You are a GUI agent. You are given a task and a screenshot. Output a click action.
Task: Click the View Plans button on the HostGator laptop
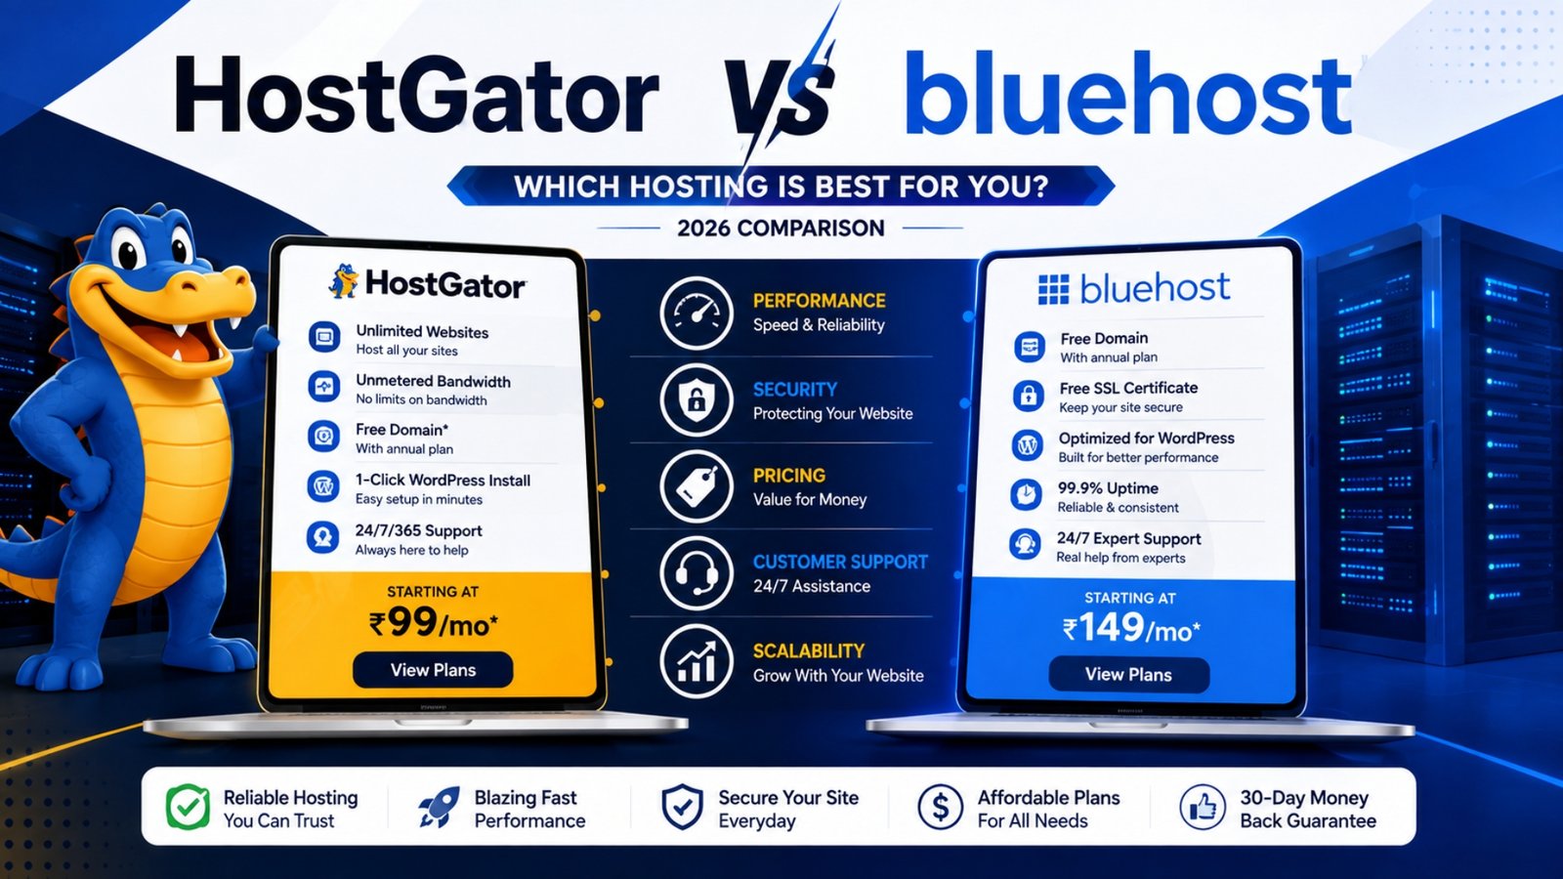[434, 670]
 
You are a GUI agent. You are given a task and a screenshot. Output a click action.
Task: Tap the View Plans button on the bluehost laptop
[1128, 675]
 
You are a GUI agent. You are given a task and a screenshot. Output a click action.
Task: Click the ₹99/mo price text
[434, 623]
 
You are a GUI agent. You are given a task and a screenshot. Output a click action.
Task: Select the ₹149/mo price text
[1131, 628]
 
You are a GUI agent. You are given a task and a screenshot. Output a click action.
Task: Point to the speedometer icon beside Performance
[696, 314]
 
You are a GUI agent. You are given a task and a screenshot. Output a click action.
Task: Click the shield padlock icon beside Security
[696, 400]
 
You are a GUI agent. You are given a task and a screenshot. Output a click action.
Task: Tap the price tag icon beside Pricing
[696, 487]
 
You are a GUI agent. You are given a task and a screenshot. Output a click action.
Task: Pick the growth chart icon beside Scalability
[696, 661]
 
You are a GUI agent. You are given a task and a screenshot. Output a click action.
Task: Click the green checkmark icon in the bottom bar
[188, 807]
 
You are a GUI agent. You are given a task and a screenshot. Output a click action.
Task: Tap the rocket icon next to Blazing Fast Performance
[440, 807]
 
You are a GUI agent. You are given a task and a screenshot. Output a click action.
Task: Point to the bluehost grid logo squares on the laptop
[1053, 289]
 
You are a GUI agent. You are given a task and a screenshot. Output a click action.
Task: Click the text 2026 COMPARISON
[781, 229]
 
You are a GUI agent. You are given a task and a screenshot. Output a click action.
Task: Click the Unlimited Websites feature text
[422, 332]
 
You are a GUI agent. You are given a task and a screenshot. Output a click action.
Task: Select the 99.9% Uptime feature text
[1108, 488]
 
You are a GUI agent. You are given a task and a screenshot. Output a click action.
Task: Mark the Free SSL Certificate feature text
[1128, 388]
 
